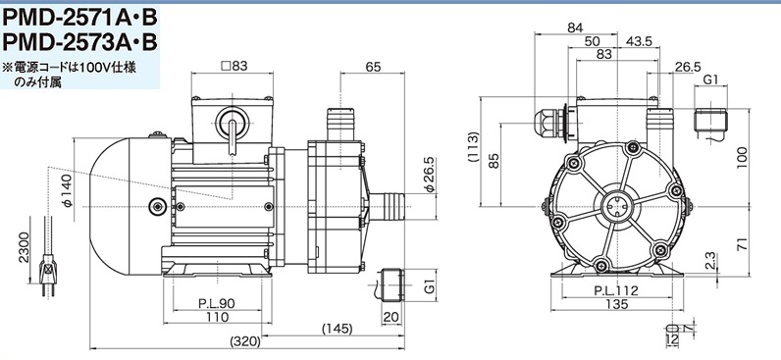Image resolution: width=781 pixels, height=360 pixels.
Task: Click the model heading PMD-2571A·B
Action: click(x=79, y=18)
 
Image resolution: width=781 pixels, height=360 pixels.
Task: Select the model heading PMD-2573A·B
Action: click(x=79, y=42)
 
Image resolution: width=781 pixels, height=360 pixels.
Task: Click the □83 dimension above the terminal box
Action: click(x=234, y=65)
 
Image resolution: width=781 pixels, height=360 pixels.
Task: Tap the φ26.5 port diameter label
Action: click(x=430, y=175)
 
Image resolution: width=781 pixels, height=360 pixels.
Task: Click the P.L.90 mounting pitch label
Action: click(x=217, y=303)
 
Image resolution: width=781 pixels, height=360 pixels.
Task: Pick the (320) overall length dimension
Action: click(x=246, y=341)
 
